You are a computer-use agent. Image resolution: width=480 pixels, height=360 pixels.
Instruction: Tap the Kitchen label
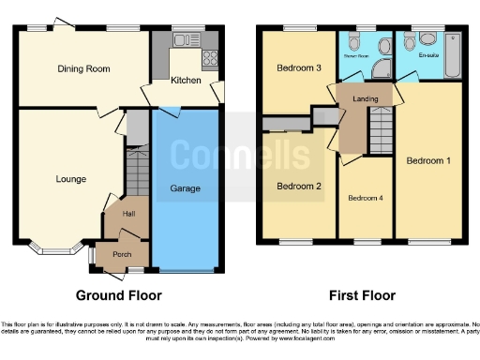pyautogui.click(x=185, y=81)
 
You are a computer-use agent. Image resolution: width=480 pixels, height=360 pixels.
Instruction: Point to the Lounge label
pyautogui.click(x=71, y=179)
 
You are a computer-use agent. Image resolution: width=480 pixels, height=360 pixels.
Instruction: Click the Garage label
pyautogui.click(x=186, y=188)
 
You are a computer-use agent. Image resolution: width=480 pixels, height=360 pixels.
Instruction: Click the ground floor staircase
pyautogui.click(x=138, y=173)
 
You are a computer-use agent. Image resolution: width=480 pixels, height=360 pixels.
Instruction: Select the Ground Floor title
pyautogui.click(x=120, y=295)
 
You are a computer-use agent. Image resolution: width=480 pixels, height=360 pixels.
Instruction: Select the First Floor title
pyautogui.click(x=360, y=295)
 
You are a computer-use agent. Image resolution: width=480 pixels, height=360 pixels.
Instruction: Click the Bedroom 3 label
pyautogui.click(x=299, y=67)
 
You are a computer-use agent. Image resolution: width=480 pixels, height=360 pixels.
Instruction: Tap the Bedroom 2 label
pyautogui.click(x=299, y=186)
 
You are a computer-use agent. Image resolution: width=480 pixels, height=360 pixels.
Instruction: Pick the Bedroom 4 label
pyautogui.click(x=366, y=198)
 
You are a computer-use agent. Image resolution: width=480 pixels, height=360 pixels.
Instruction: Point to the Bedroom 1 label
pyautogui.click(x=428, y=160)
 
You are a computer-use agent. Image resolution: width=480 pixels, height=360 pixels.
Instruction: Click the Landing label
pyautogui.click(x=365, y=99)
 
